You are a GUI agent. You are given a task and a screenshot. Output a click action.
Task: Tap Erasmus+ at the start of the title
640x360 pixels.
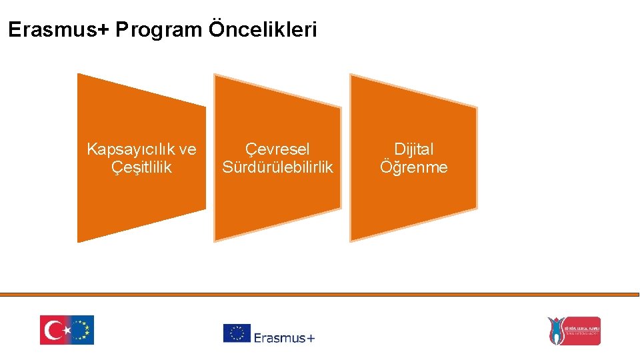tap(58, 30)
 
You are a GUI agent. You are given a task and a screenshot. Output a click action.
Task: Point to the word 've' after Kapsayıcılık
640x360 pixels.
tap(188, 149)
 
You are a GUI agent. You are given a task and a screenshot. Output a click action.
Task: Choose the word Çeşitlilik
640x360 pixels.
tap(141, 167)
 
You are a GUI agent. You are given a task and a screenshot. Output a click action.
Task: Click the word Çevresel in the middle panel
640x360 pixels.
tap(277, 149)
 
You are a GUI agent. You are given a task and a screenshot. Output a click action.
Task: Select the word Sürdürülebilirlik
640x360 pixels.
tap(277, 167)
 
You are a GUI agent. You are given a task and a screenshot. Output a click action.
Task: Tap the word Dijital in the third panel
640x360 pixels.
tap(413, 149)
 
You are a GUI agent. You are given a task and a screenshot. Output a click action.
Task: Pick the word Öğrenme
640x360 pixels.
tap(413, 167)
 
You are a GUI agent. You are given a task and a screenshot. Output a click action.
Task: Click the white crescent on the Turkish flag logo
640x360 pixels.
tap(53, 330)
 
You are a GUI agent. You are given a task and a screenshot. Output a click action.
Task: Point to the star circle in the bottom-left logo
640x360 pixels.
tap(81, 330)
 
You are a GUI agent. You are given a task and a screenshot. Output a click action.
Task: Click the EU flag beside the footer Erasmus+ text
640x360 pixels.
tap(237, 333)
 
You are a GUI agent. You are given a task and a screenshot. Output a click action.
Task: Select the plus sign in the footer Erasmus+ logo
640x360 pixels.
tap(310, 338)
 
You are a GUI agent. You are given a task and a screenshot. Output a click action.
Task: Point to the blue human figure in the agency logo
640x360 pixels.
tap(555, 331)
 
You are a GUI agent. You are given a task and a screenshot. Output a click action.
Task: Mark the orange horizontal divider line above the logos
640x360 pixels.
tap(320, 294)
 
